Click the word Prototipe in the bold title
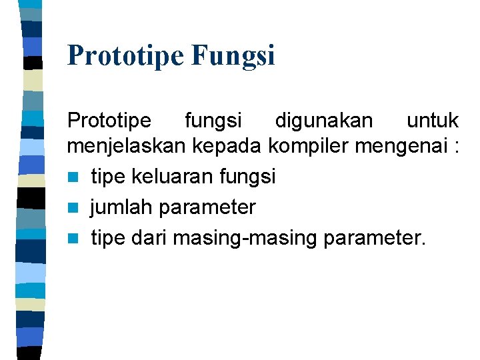pyautogui.click(x=125, y=55)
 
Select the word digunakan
pyautogui.click(x=324, y=121)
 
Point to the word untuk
pyautogui.click(x=432, y=121)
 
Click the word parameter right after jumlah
pyautogui.click(x=207, y=207)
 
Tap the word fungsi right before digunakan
pyautogui.click(x=213, y=121)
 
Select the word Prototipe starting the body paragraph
pyautogui.click(x=109, y=121)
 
